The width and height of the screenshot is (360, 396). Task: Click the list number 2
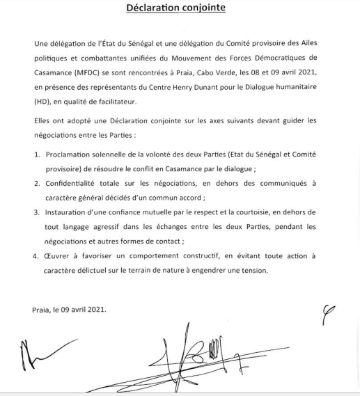pyautogui.click(x=37, y=183)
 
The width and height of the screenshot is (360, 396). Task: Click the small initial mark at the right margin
pyautogui.click(x=326, y=315)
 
